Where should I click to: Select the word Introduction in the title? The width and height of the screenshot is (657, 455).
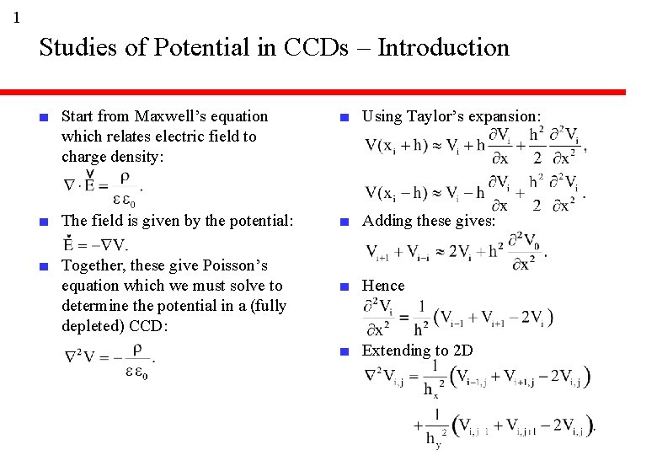443,47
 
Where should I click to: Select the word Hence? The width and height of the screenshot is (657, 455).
383,286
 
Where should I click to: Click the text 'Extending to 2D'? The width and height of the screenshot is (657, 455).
417,351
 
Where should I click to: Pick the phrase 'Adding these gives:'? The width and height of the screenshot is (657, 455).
428,221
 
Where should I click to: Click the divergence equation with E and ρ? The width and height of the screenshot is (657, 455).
101,187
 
